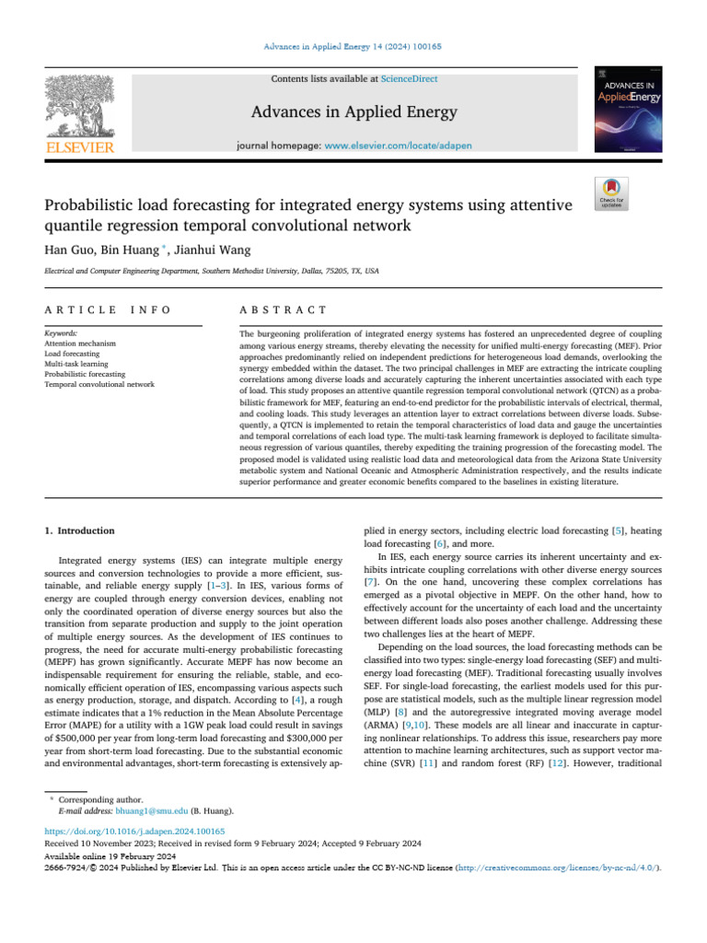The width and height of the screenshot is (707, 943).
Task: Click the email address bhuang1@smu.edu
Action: [151, 811]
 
